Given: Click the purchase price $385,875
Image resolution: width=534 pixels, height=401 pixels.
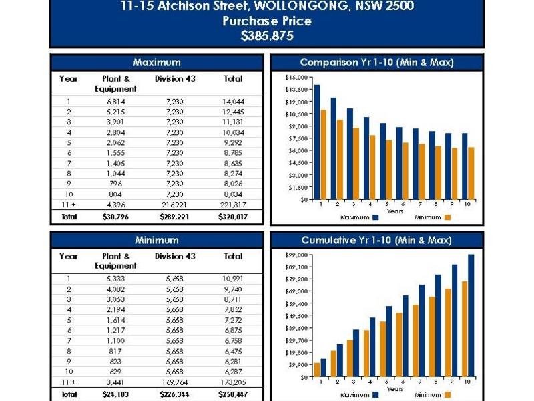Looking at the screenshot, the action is pyautogui.click(x=267, y=36).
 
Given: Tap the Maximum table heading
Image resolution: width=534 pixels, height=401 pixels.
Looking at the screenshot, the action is pyautogui.click(x=157, y=62).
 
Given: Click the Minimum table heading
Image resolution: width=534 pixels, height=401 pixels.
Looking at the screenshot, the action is pyautogui.click(x=157, y=240).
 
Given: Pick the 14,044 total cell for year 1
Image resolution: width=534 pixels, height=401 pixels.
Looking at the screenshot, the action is pyautogui.click(x=233, y=102).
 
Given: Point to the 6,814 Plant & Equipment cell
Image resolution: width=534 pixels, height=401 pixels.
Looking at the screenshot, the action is pyautogui.click(x=115, y=102).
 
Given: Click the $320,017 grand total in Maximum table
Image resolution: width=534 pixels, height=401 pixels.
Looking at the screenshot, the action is pyautogui.click(x=233, y=217).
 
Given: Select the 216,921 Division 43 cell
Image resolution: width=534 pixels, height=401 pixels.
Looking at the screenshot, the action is pyautogui.click(x=174, y=205).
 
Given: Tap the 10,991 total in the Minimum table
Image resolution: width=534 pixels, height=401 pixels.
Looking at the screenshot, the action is pyautogui.click(x=233, y=279).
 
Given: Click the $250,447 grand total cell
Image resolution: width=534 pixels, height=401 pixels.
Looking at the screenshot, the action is pyautogui.click(x=233, y=394).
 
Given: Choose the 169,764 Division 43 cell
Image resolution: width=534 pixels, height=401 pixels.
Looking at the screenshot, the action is pyautogui.click(x=174, y=382).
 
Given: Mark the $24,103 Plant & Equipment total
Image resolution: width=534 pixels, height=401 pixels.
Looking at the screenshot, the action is pyautogui.click(x=115, y=394).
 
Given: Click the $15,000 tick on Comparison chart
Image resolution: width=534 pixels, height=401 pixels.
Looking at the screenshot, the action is pyautogui.click(x=296, y=78).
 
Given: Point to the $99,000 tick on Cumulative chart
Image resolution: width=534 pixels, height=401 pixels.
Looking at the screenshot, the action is pyautogui.click(x=296, y=255).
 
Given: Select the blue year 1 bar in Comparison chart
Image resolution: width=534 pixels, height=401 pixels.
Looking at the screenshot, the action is pyautogui.click(x=317, y=142).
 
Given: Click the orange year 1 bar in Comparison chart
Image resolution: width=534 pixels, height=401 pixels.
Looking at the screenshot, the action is pyautogui.click(x=323, y=154).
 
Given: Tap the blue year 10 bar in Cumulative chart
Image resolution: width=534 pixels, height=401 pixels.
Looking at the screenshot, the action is pyautogui.click(x=471, y=315).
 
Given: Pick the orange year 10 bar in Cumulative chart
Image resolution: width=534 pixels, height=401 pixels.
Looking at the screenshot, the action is pyautogui.click(x=465, y=329).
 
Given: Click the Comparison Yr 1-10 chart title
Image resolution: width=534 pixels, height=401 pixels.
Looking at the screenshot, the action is pyautogui.click(x=377, y=62).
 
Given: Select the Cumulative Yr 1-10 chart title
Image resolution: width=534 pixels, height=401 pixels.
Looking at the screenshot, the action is pyautogui.click(x=376, y=240).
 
